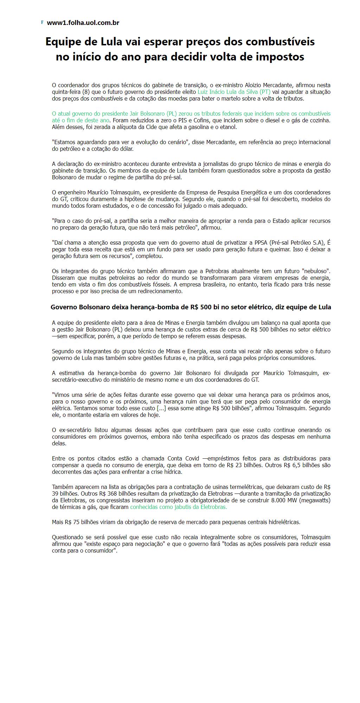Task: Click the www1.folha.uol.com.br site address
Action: (x=83, y=23)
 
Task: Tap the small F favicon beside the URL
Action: (x=42, y=22)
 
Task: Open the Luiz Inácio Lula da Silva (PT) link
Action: (x=234, y=92)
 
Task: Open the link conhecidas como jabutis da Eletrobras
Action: (x=179, y=507)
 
